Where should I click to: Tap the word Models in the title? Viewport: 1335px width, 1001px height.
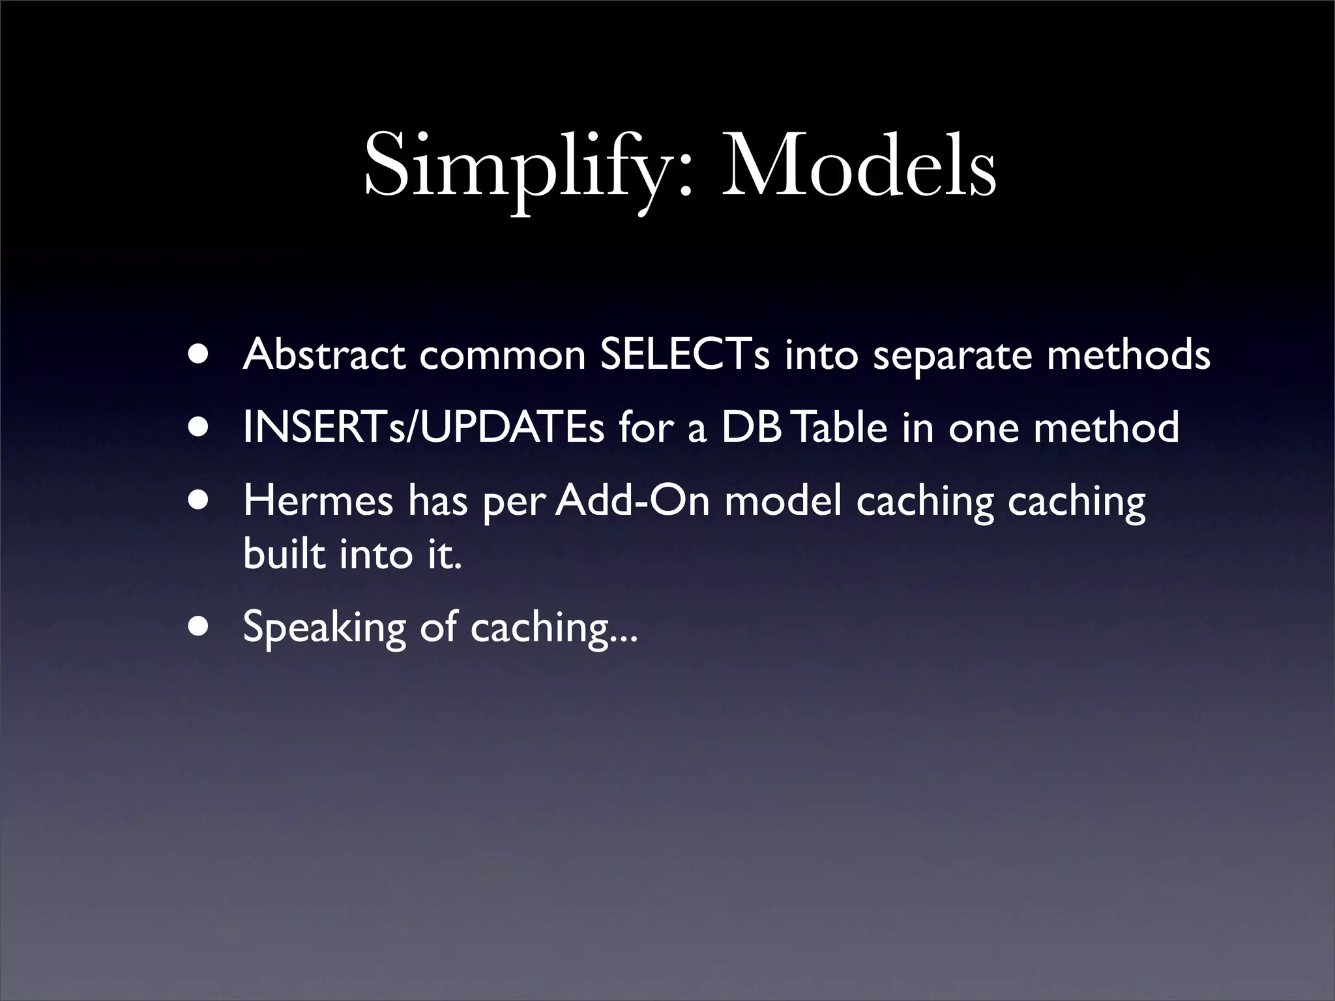[858, 168]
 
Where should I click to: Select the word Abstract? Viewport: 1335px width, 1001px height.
[324, 355]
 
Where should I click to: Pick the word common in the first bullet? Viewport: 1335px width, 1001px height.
[502, 356]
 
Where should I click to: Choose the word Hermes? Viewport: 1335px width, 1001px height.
[318, 500]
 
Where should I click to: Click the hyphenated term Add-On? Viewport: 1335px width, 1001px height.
[632, 500]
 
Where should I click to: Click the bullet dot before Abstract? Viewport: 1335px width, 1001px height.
[199, 355]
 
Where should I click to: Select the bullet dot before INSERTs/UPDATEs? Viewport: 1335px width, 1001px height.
[199, 428]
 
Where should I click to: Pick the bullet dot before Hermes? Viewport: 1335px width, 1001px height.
[199, 500]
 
